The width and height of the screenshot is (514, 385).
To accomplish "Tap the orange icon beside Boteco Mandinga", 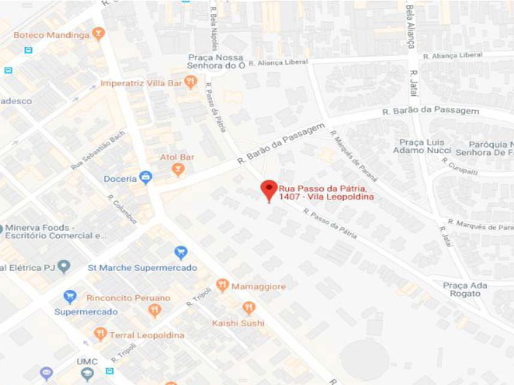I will (100, 34).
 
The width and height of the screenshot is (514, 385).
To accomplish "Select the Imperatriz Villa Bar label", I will (141, 83).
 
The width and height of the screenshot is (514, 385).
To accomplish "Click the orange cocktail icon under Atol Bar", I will (178, 171).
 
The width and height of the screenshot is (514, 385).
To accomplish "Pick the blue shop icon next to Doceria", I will (145, 177).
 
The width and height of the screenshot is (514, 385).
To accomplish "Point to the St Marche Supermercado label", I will (142, 268).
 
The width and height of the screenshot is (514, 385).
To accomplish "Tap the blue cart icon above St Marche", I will (180, 253).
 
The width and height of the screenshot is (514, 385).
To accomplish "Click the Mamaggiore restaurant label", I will (258, 287).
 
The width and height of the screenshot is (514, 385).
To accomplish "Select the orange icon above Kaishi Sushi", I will (249, 308).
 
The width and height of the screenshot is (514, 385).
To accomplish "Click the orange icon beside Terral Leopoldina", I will (100, 334).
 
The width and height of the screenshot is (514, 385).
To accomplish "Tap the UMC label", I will (87, 362).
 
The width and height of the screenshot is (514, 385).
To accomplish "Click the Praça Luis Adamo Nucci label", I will (423, 147).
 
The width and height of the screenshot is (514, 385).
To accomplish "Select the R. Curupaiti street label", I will (460, 166).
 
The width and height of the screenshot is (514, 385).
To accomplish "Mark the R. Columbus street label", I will (123, 210).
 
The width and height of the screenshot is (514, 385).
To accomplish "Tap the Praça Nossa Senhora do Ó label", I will (215, 61).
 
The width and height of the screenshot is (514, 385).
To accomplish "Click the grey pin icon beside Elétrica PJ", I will (64, 266).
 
